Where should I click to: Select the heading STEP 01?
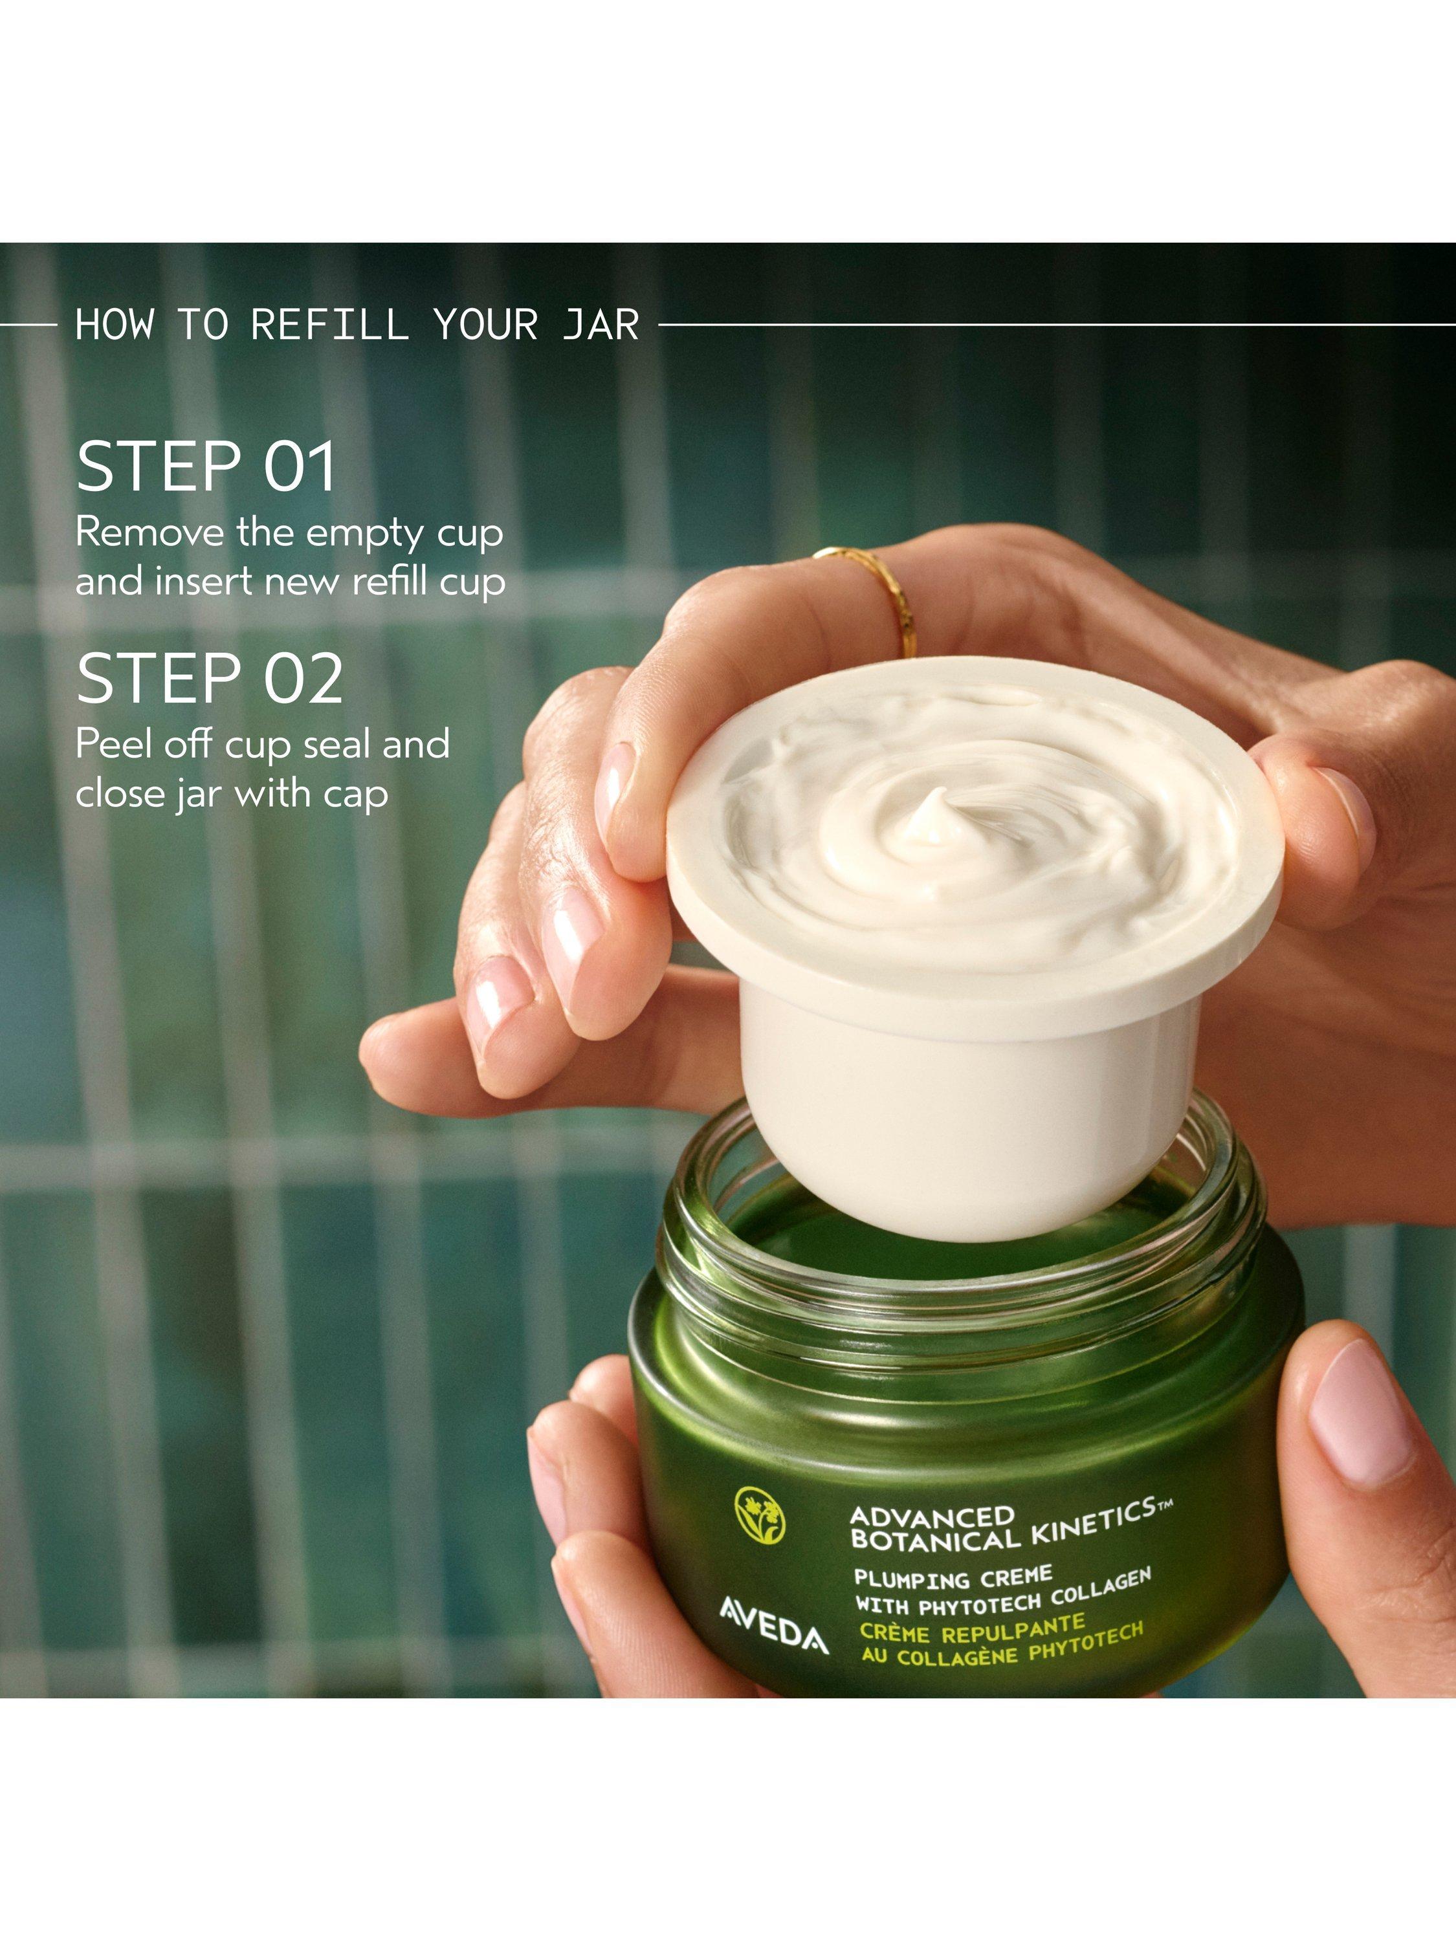click(206, 467)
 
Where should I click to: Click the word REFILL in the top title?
click(330, 325)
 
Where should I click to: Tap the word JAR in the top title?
click(601, 325)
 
